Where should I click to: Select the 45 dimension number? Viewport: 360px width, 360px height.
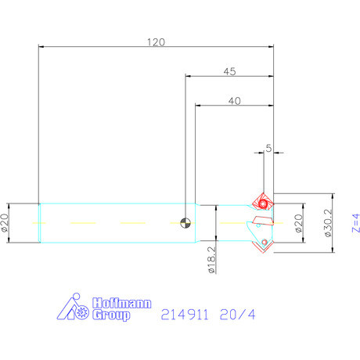[229, 71]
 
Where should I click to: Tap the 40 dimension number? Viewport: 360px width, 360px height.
[234, 101]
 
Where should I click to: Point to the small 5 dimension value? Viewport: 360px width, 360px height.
[268, 147]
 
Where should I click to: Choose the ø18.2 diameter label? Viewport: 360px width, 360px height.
[211, 259]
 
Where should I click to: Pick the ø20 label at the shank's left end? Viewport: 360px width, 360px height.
[5, 224]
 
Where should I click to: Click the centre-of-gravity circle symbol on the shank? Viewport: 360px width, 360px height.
[185, 223]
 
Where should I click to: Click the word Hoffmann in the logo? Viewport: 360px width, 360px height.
[122, 303]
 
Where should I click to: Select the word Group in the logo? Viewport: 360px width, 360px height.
[114, 315]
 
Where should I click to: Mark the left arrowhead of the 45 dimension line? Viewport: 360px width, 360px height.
[189, 77]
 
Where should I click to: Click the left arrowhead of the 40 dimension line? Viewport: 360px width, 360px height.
[198, 106]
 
